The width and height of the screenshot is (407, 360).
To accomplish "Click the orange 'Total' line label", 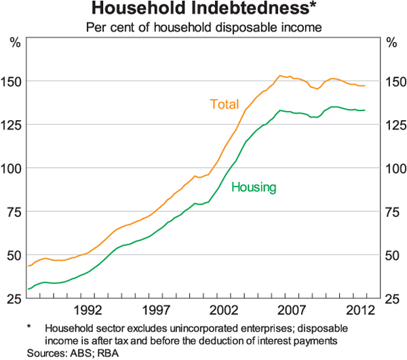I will tap(224, 104).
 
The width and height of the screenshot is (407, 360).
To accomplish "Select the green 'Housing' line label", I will tap(254, 187).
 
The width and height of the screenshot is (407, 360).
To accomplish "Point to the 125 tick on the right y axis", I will tap(394, 125).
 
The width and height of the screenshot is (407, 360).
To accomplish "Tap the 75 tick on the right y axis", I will tap(391, 212).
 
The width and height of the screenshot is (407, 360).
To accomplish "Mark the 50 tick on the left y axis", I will tap(16, 255).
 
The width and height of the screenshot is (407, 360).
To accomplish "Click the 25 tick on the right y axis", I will tap(391, 298).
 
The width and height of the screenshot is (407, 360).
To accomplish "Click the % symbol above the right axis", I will tap(391, 42).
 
